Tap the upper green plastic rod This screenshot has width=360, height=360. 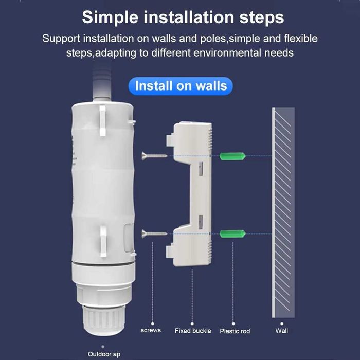click(231, 155)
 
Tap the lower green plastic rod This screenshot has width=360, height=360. click(231, 234)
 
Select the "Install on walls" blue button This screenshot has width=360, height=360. click(181, 85)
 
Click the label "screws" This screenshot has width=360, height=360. click(151, 330)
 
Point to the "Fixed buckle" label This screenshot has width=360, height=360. click(193, 331)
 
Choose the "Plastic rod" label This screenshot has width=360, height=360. click(235, 331)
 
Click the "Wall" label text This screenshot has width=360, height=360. click(281, 331)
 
